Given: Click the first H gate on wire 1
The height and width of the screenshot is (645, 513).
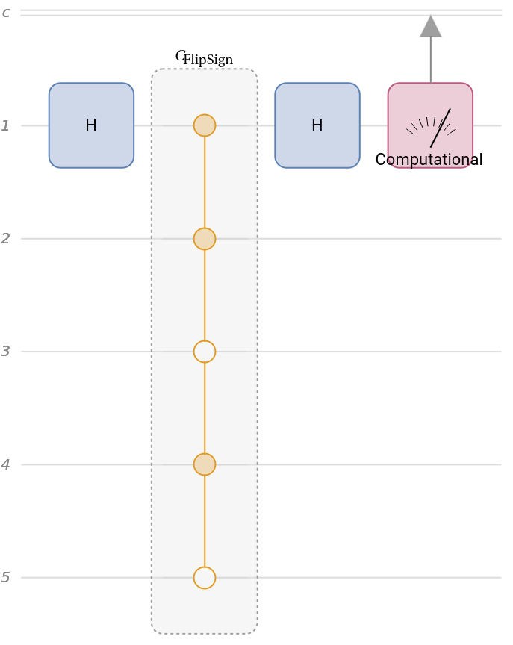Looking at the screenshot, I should [x=91, y=125].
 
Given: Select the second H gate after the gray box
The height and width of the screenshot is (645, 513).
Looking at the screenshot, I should [x=317, y=125].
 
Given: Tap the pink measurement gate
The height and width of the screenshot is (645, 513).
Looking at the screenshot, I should [x=430, y=125].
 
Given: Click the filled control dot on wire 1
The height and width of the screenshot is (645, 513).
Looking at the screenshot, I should [x=205, y=125].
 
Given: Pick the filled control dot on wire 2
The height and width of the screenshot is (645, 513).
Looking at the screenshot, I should [x=205, y=239].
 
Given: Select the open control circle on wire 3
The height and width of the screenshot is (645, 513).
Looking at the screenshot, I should [x=205, y=352].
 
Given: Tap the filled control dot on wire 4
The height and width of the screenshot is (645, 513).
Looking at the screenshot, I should [x=205, y=464].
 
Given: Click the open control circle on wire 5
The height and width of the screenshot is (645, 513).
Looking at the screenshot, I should [x=205, y=578].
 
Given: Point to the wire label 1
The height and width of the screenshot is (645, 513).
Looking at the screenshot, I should [x=5, y=126].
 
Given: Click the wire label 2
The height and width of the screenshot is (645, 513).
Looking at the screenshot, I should [x=5, y=239].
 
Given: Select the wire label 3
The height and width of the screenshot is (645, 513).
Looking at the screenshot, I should [x=5, y=352].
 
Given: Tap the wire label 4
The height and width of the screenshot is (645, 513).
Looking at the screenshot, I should [x=5, y=465].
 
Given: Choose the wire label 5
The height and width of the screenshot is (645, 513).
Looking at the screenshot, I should [x=5, y=578].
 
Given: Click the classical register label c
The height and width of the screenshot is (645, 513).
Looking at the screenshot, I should [x=6, y=13].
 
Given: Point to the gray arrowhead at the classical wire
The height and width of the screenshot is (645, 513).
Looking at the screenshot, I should [x=430, y=27].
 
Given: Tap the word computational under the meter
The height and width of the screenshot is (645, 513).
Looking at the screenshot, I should [x=430, y=160].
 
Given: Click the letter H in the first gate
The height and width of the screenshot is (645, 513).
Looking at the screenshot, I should [x=91, y=125].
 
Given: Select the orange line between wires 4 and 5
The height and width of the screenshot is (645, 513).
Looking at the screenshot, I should [x=205, y=521].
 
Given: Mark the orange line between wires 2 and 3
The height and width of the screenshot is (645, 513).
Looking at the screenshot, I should [x=205, y=295].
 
